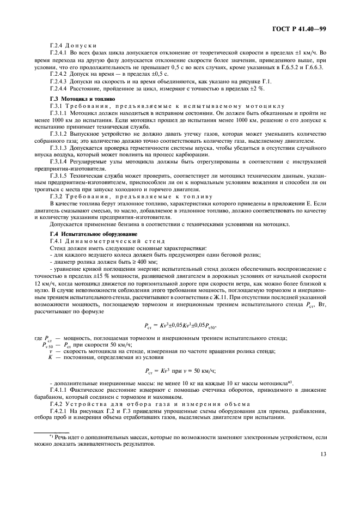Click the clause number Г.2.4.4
59,88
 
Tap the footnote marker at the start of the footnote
51,436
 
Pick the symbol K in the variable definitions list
50,357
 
